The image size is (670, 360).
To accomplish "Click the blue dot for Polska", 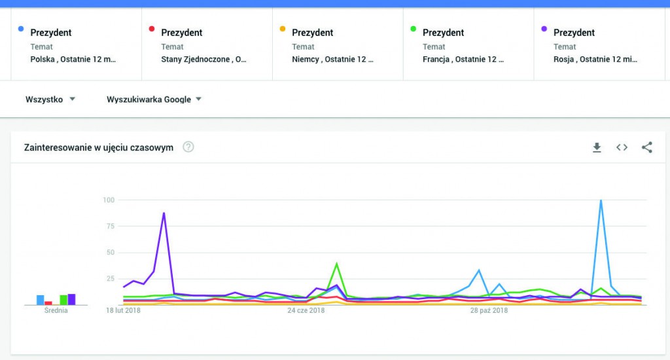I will click(22, 29).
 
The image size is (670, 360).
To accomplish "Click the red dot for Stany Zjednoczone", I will click(152, 29).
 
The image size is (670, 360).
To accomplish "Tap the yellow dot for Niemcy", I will click(283, 29).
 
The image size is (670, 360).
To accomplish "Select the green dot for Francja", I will click(414, 29).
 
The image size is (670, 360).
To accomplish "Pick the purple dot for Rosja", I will click(544, 29).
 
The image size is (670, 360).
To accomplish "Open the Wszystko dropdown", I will click(50, 99).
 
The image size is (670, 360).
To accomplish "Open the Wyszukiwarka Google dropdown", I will click(154, 99).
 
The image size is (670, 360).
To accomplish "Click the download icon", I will click(597, 147).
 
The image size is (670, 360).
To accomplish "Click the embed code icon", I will click(622, 147).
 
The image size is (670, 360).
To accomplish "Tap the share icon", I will click(647, 147).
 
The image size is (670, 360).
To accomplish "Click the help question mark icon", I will click(188, 147).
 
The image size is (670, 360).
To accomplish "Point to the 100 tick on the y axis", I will click(109, 200).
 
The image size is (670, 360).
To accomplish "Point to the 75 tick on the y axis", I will click(111, 226).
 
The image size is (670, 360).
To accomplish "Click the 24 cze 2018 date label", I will click(306, 310).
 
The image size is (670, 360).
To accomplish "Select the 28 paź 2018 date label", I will click(489, 310).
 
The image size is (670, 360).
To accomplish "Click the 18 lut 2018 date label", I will click(124, 310).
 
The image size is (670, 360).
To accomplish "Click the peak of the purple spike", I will click(164, 213).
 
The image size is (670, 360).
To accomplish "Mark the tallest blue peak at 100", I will click(601, 200).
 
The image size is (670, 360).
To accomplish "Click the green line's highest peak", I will click(336, 263).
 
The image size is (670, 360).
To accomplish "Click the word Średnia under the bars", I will click(56, 310).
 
